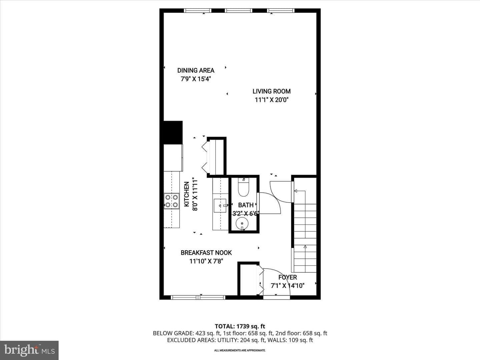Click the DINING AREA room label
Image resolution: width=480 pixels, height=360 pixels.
[x=196, y=70]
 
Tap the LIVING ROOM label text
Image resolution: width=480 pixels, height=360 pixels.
[x=272, y=91]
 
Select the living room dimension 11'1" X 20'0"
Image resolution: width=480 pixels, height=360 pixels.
[x=272, y=100]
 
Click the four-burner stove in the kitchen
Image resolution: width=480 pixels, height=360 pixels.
[x=172, y=201]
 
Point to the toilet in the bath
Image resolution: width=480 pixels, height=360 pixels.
[x=244, y=187]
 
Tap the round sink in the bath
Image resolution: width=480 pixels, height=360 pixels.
[x=242, y=224]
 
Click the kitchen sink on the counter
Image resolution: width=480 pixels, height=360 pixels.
[x=220, y=205]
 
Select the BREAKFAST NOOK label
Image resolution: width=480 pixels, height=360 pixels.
[x=206, y=253]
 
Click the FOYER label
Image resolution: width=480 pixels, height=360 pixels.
[x=288, y=277]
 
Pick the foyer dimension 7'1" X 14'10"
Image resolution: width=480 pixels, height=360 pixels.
[x=288, y=286]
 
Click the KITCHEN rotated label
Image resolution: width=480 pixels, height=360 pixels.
[x=187, y=194]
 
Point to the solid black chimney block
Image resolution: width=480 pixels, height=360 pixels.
[x=173, y=132]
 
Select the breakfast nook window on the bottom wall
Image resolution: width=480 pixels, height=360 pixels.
[x=198, y=297]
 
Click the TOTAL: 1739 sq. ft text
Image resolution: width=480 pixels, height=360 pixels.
[x=240, y=326]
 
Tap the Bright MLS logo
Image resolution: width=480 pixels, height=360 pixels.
[x=29, y=350]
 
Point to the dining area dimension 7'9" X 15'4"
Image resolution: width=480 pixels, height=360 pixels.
[x=196, y=79]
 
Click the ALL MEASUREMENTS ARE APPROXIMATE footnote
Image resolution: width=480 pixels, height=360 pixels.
[x=240, y=350]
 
